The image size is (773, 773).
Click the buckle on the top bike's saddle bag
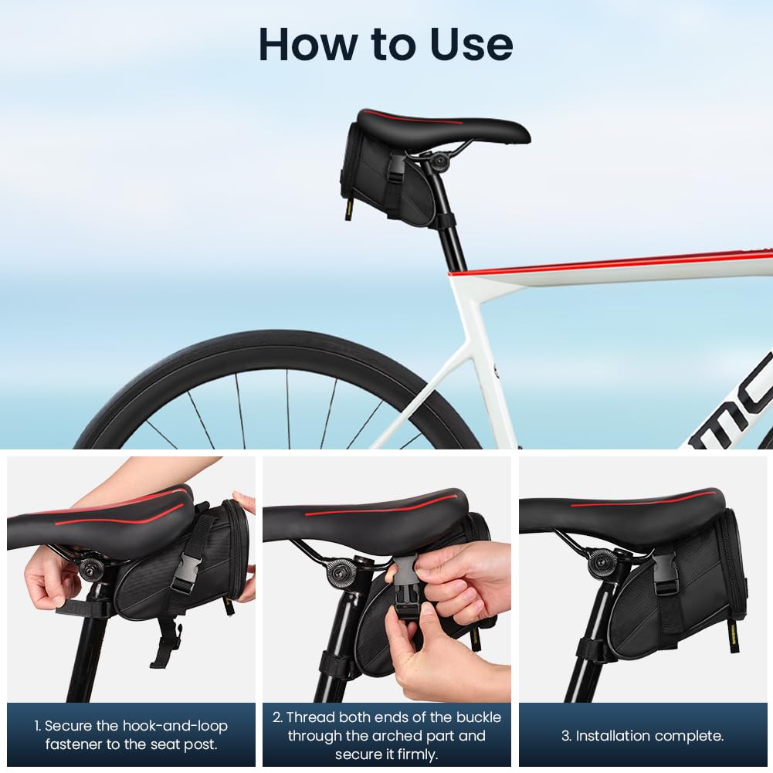(396, 167)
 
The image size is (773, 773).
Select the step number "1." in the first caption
(38, 726)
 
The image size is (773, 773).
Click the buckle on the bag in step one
(186, 572)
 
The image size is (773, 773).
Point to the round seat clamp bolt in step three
(600, 563)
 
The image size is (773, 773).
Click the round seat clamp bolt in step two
(340, 572)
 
